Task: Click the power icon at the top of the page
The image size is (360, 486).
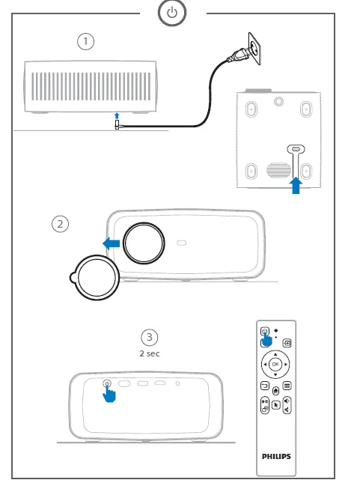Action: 173,13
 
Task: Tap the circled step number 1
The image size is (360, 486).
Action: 87,42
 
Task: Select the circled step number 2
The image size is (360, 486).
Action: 61,223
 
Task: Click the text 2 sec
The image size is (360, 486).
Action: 150,353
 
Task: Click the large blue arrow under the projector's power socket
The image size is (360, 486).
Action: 296,183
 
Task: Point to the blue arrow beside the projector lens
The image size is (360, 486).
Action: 111,243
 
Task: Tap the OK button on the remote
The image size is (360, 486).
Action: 275,364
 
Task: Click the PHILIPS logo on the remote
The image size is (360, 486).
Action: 275,454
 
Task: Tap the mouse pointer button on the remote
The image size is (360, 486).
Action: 275,405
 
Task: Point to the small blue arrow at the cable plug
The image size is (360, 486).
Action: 117,116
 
